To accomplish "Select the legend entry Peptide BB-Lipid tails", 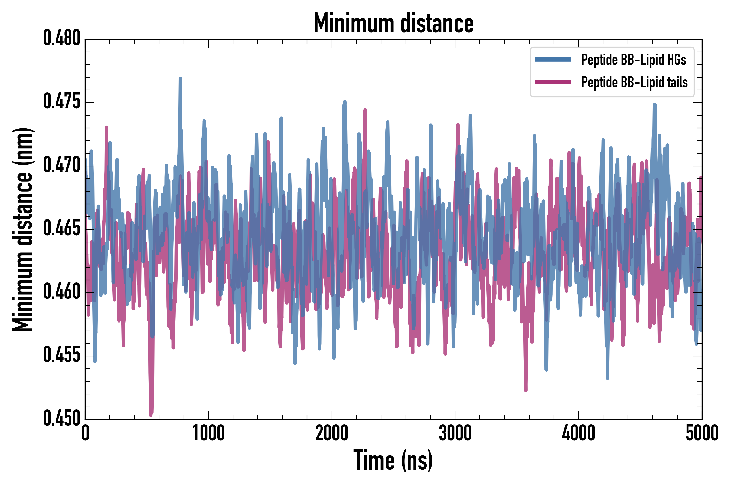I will (x=634, y=82).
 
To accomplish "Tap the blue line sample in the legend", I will (x=553, y=60).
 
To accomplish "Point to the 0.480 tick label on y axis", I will (x=61, y=38).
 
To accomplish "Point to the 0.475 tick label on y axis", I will (x=61, y=102).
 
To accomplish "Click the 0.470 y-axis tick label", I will (x=61, y=165).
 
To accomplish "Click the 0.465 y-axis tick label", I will (x=61, y=229).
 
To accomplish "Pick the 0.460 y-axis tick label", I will (x=61, y=292).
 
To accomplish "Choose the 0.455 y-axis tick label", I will (x=61, y=356).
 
